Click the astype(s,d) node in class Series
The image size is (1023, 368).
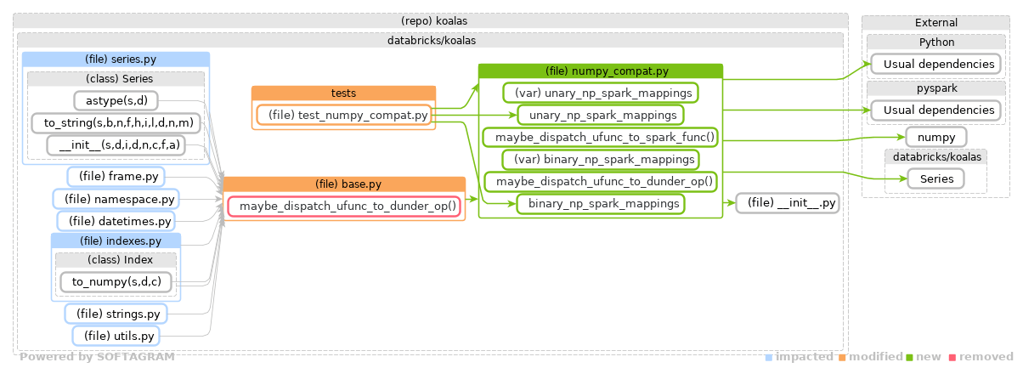click(116, 101)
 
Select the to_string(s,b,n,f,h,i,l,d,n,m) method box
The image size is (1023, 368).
click(116, 123)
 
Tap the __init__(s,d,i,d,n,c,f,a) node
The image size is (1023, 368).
click(116, 145)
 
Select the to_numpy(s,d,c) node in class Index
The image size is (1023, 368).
click(116, 281)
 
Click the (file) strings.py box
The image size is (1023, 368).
click(116, 314)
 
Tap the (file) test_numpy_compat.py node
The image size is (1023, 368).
click(343, 115)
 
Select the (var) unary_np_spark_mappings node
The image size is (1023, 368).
click(600, 92)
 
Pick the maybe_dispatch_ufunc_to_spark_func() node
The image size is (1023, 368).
click(600, 137)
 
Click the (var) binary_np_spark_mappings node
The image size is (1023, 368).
click(600, 159)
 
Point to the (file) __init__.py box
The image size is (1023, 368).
click(788, 203)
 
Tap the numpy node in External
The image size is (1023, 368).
click(935, 137)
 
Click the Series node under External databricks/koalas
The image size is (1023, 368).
click(935, 178)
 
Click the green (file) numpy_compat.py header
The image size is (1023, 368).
click(600, 71)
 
